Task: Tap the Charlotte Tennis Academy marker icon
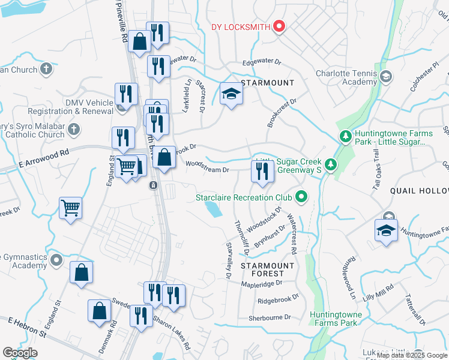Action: [x=385, y=77]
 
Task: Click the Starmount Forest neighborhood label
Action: [x=267, y=269]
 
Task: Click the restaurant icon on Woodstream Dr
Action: [x=262, y=172]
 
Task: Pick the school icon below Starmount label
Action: [x=231, y=94]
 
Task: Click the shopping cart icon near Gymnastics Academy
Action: [x=71, y=209]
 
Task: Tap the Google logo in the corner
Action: [x=20, y=352]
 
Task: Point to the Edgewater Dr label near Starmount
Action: [x=262, y=62]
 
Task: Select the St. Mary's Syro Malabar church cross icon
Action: [x=73, y=129]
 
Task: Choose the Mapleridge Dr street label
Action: [x=261, y=283]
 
